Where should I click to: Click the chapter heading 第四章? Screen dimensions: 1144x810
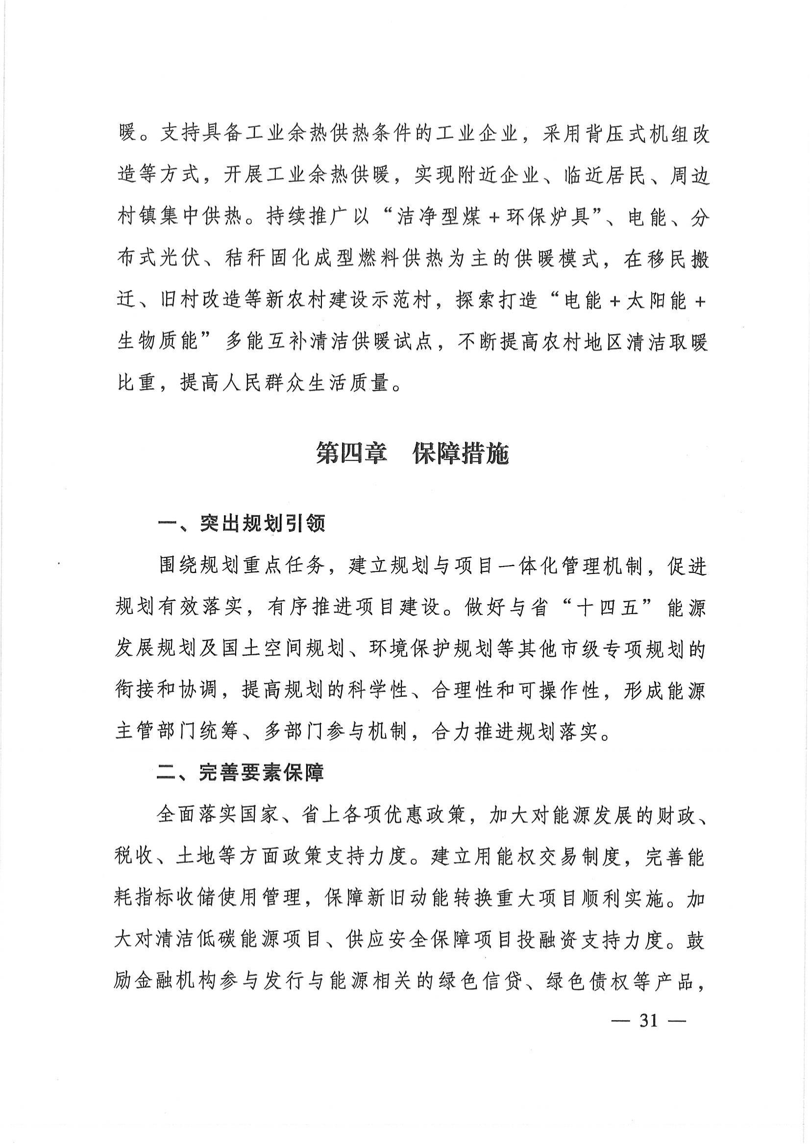pos(351,454)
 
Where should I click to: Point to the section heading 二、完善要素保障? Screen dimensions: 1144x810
pos(241,772)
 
